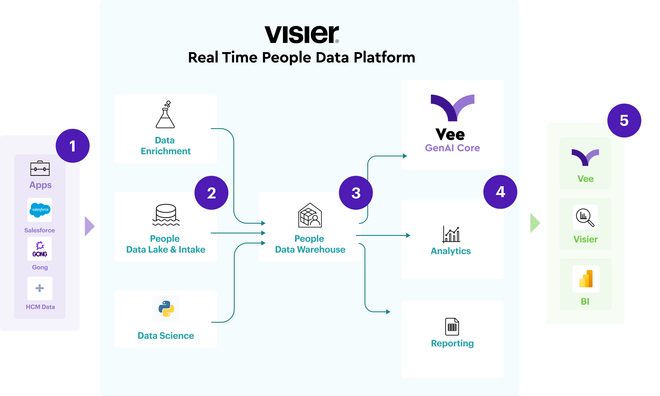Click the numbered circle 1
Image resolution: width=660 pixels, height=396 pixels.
coord(73,146)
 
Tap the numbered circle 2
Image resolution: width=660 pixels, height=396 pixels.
coord(211,193)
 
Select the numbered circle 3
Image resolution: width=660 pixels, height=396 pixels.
coord(356,193)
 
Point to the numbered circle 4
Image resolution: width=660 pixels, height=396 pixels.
coord(500,192)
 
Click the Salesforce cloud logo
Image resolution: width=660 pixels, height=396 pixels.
coord(40,210)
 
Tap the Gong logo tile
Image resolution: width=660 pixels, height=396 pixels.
coord(40,249)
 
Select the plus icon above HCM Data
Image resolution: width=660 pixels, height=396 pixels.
coord(40,288)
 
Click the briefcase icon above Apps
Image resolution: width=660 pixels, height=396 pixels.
coord(40,168)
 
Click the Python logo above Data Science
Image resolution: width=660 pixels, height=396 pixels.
coord(166,309)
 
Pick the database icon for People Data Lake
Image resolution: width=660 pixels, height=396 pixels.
coord(166,215)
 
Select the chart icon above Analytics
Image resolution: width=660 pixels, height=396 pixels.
coord(451,234)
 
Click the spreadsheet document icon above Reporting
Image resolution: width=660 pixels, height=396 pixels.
coord(452,327)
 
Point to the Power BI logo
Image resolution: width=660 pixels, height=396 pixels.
coord(586,279)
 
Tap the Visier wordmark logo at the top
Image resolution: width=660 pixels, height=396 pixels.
coord(302,34)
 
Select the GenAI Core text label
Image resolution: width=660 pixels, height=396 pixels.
coord(452,148)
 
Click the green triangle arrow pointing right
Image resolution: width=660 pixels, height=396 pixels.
coord(535,223)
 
